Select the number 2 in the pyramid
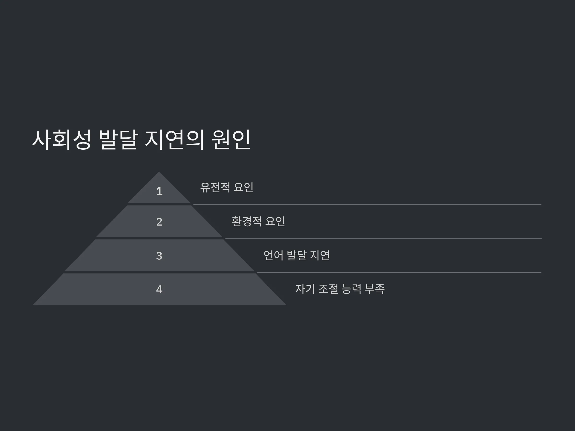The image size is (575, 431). [x=159, y=221]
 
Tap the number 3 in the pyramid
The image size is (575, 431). [x=159, y=256]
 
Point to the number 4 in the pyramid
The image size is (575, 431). [x=159, y=289]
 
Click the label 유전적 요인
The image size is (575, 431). [x=227, y=187]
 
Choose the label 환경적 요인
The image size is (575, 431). [x=258, y=221]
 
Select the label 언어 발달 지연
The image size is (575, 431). [x=297, y=255]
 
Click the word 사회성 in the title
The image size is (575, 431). [x=62, y=140]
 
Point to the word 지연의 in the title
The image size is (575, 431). [x=174, y=140]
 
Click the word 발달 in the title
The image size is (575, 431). [x=118, y=140]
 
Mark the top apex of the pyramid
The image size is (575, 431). [x=159, y=172]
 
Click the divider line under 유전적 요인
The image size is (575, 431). [x=367, y=204]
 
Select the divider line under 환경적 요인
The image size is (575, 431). [x=383, y=238]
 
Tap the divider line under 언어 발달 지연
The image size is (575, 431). [x=399, y=272]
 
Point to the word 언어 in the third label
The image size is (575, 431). [x=273, y=255]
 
